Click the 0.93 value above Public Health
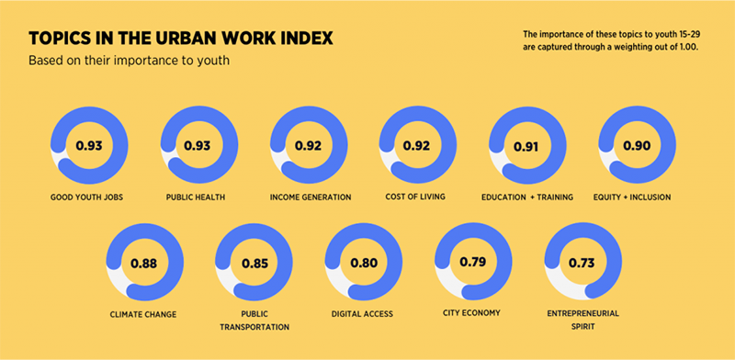[x=198, y=145]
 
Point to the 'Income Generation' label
[x=311, y=197]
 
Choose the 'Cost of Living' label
[x=418, y=197]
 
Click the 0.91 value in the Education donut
[x=527, y=145]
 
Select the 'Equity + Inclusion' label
[x=637, y=197]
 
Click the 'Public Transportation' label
[x=254, y=320]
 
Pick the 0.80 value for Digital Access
[x=363, y=264]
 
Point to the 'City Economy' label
[x=471, y=313]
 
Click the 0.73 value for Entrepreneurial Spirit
[x=582, y=264]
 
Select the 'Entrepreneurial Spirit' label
[x=582, y=320]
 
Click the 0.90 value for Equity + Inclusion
[x=637, y=145]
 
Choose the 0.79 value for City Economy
[x=472, y=264]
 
